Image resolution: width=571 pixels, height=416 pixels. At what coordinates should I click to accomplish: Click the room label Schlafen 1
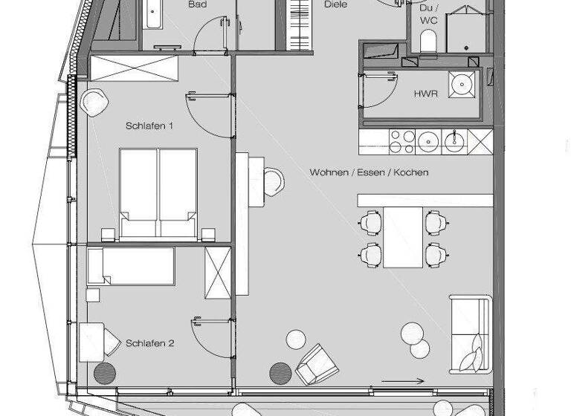149,126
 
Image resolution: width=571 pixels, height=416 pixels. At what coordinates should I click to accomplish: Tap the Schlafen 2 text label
149,343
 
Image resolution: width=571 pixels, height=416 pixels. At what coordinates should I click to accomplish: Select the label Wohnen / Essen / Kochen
369,172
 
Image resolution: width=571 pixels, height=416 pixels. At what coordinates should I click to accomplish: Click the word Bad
197,4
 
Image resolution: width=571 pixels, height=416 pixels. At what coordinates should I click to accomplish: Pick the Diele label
335,4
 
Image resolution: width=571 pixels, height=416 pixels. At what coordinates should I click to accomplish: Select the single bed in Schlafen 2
131,266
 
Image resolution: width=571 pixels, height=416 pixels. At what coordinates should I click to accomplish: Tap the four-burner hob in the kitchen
401,140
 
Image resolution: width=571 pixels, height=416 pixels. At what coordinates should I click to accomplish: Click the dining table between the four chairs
402,236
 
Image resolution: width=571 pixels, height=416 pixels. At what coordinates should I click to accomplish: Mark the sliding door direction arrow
404,382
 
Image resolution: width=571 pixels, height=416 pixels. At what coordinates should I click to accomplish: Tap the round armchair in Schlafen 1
95,103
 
